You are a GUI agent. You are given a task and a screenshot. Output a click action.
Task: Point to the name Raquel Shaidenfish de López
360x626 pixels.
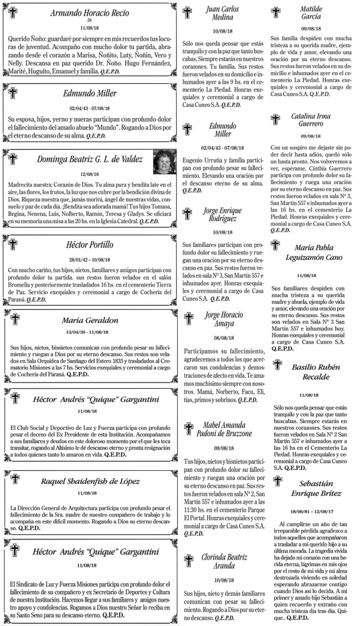coord(90,481)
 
